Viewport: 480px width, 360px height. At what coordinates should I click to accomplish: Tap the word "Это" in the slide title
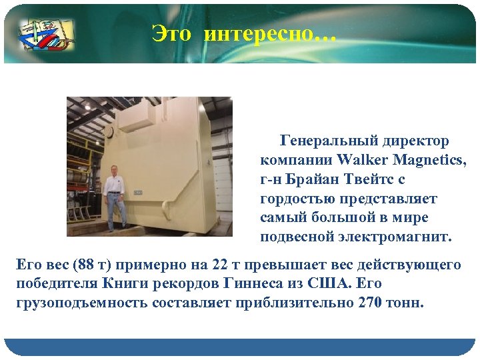pyautogui.click(x=171, y=33)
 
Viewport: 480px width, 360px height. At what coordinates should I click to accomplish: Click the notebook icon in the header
pyautogui.click(x=46, y=34)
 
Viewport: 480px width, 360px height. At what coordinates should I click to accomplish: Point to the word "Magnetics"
pyautogui.click(x=430, y=160)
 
